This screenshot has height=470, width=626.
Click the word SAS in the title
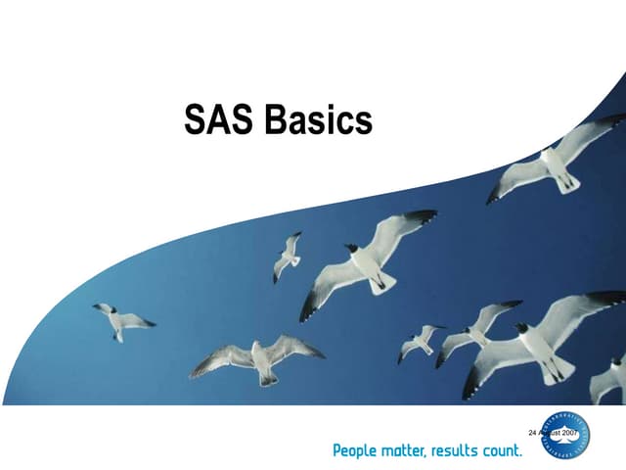pos(218,121)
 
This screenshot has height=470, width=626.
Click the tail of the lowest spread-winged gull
pos(267,378)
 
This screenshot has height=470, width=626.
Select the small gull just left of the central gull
pos(287,257)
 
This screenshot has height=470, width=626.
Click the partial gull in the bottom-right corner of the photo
pos(608,377)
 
